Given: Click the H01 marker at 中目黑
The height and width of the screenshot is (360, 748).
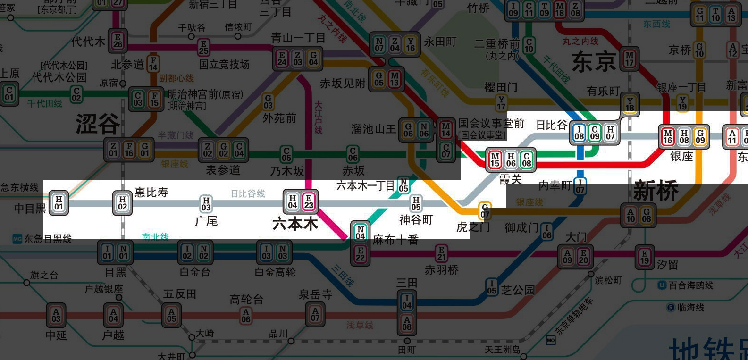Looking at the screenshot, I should click(59, 202).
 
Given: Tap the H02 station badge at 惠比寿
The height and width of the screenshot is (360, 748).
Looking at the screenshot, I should click(122, 203).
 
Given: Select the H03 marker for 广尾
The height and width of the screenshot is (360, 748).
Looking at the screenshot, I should click(206, 203).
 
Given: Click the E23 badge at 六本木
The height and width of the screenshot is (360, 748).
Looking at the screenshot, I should click(309, 201).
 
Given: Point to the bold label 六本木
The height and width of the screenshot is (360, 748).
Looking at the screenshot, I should click(295, 224).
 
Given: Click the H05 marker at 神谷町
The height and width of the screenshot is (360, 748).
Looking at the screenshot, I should click(416, 203).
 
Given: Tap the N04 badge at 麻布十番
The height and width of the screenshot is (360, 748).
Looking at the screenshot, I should click(360, 232).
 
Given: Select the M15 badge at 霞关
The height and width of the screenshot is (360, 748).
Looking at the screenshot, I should click(495, 159).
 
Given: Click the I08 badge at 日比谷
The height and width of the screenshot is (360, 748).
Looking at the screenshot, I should click(579, 133).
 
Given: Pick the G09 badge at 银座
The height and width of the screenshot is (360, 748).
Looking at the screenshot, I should click(700, 136).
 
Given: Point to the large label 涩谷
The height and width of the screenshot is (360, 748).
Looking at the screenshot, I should click(98, 124).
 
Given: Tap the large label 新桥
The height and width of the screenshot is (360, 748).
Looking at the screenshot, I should click(656, 191).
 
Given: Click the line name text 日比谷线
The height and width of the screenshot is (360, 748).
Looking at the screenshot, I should click(248, 193).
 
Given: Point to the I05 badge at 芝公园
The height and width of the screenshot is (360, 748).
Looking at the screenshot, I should click(492, 287).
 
